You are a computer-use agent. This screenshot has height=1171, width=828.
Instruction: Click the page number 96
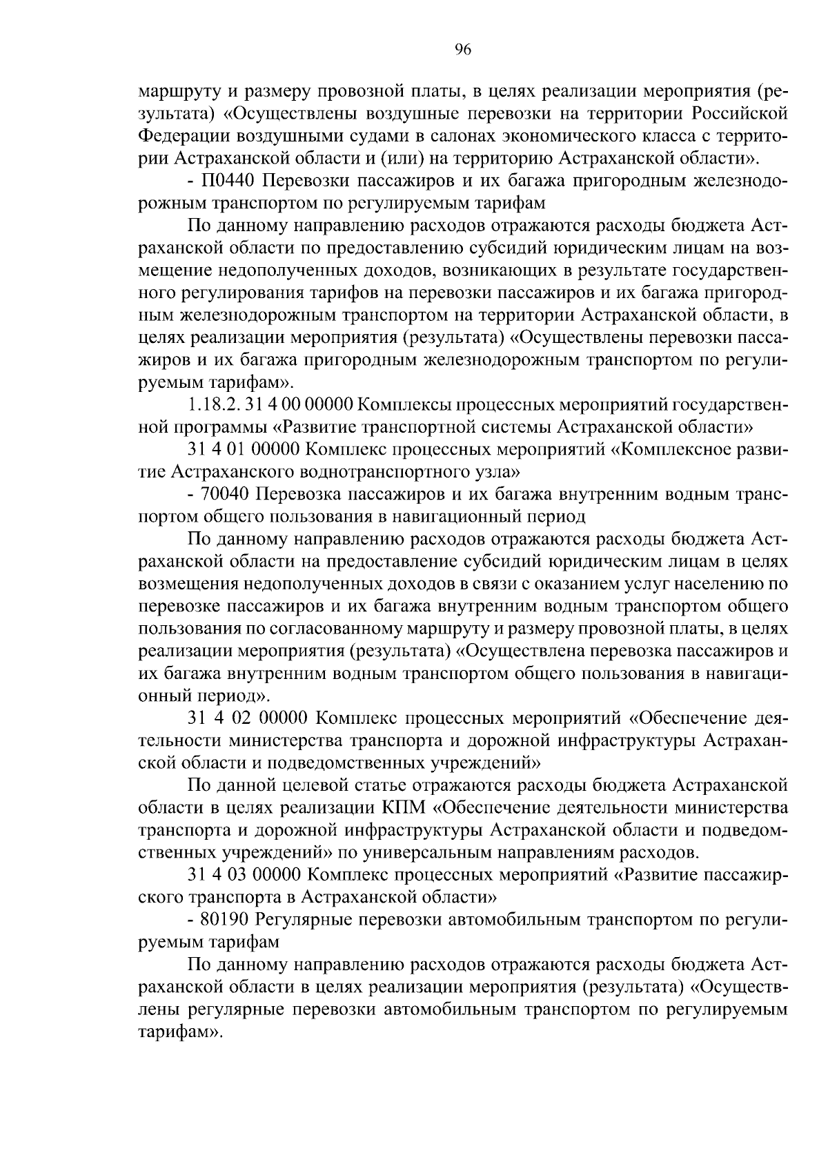pyautogui.click(x=462, y=50)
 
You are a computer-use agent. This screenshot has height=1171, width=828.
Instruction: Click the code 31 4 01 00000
pyautogui.click(x=243, y=450)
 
